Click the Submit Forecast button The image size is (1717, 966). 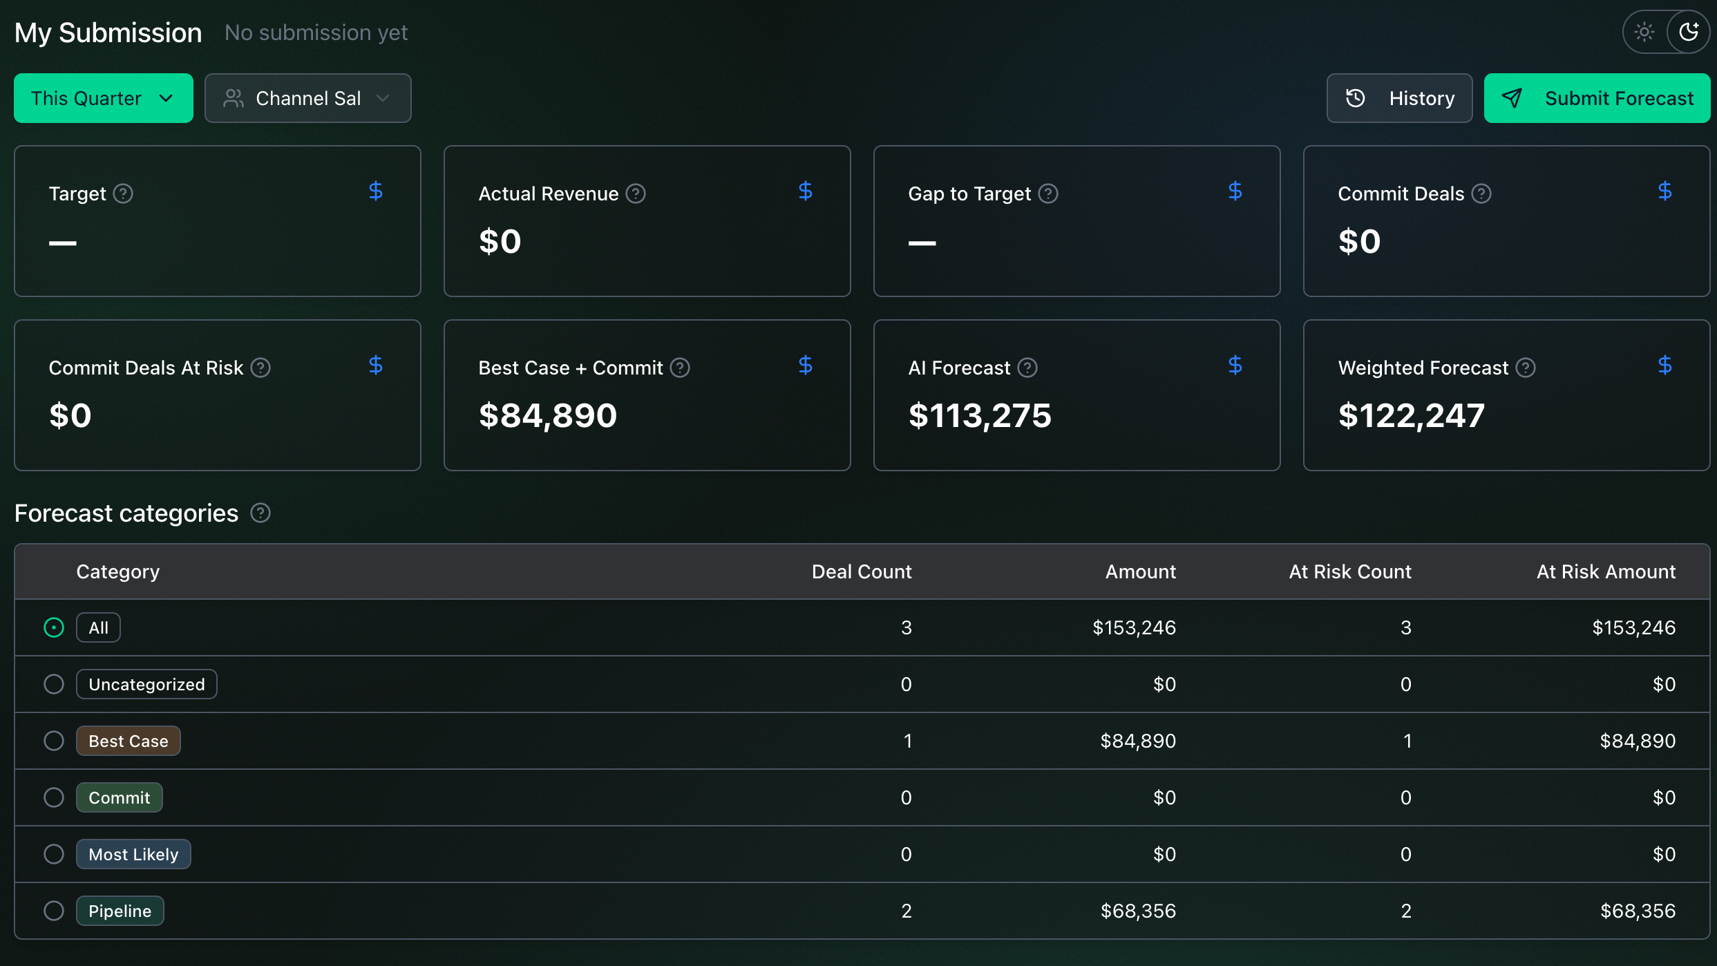(x=1597, y=98)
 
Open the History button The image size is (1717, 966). (x=1399, y=98)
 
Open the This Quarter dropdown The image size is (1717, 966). (x=104, y=98)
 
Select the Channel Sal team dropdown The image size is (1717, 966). (x=308, y=98)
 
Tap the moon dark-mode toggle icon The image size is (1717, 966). (x=1689, y=32)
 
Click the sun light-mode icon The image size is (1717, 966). (x=1644, y=32)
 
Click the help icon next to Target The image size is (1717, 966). (x=123, y=193)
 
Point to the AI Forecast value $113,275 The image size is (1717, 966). (x=980, y=415)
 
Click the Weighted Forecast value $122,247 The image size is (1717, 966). (x=1411, y=415)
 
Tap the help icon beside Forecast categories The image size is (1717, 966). (x=260, y=513)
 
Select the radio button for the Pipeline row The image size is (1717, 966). (x=54, y=911)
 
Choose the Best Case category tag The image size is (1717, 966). (x=129, y=741)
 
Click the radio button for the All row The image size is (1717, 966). (x=54, y=627)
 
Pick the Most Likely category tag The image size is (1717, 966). (x=133, y=854)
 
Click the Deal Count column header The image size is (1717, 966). (x=862, y=571)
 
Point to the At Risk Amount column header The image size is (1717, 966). (x=1606, y=571)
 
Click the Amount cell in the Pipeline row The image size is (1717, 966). (x=1138, y=911)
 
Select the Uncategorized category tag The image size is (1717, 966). (x=146, y=684)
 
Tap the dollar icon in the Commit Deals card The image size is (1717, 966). (x=1665, y=191)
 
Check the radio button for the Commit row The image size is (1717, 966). (x=54, y=797)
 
